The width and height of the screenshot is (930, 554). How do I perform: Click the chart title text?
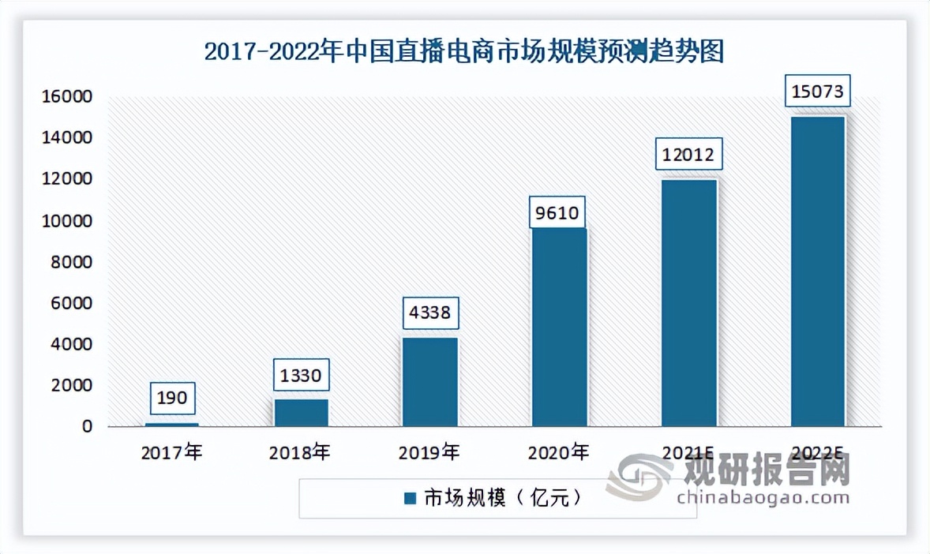click(464, 52)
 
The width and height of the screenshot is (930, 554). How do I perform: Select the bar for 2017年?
click(171, 425)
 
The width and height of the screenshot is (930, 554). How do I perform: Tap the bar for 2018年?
click(301, 413)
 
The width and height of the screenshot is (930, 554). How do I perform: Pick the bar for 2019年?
click(430, 382)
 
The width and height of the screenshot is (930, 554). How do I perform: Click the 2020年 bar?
click(559, 328)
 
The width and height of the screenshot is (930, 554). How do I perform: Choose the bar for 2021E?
click(688, 303)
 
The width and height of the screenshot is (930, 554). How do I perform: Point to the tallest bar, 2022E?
click(818, 271)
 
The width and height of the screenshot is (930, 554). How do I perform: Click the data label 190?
click(171, 398)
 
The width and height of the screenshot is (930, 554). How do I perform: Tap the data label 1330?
click(301, 375)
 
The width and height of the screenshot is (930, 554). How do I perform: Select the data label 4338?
click(430, 313)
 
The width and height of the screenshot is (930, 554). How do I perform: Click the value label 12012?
click(688, 155)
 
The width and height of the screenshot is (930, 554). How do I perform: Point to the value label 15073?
click(818, 92)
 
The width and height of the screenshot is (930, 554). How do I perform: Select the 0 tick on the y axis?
click(88, 427)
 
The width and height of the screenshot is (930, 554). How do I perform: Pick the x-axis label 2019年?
click(429, 453)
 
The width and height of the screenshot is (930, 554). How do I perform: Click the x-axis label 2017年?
click(171, 453)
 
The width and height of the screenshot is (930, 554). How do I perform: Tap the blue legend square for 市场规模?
click(410, 499)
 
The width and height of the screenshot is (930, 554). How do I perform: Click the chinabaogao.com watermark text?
click(763, 497)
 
